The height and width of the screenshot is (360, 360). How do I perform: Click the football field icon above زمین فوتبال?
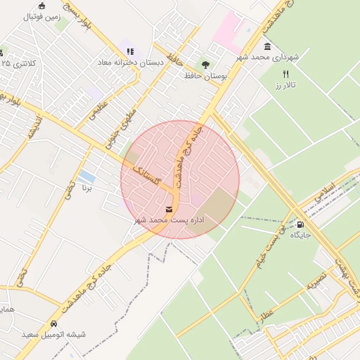pyautogui.click(x=42, y=6)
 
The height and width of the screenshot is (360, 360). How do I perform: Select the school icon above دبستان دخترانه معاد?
pyautogui.click(x=130, y=51)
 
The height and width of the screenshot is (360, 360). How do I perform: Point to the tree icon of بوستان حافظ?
pyautogui.click(x=205, y=65)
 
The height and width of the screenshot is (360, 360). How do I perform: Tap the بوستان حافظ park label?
pyautogui.click(x=205, y=75)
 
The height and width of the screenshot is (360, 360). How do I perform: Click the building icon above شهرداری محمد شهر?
pyautogui.click(x=269, y=46)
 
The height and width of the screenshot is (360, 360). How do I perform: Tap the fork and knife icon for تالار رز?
pyautogui.click(x=285, y=74)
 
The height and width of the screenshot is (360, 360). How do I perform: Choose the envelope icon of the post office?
pyautogui.click(x=169, y=210)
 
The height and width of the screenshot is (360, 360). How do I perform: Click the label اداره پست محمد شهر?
pyautogui.click(x=169, y=221)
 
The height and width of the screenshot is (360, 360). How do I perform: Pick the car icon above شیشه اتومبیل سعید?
pyautogui.click(x=53, y=325)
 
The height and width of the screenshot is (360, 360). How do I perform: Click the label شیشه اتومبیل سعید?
pyautogui.click(x=53, y=335)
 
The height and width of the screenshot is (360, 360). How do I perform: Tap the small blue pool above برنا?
pyautogui.click(x=87, y=176)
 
